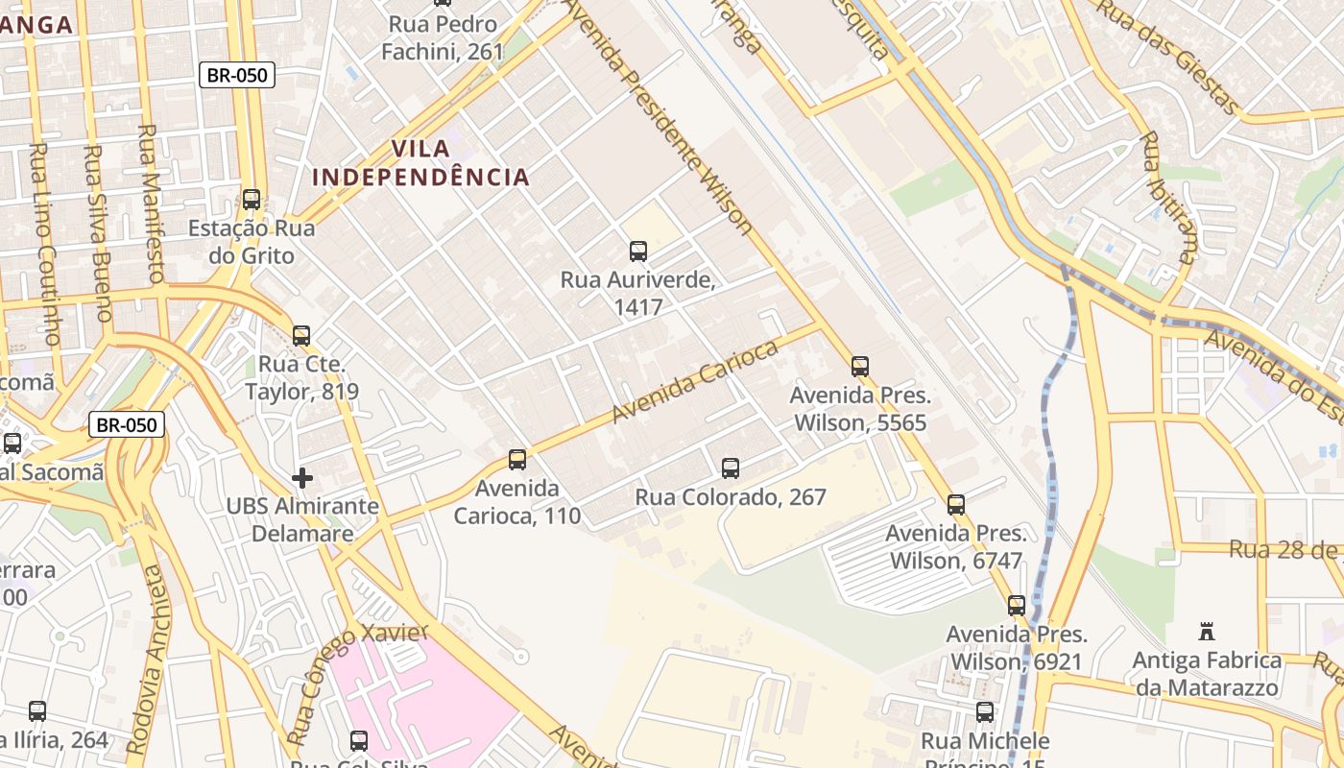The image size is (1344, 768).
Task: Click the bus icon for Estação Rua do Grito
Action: click(x=252, y=200)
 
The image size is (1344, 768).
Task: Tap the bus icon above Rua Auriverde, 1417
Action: click(x=638, y=252)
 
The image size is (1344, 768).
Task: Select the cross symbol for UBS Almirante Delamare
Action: click(x=302, y=477)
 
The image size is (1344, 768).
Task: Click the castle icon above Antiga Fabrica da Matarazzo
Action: click(x=1208, y=631)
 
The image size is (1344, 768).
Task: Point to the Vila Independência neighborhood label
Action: click(x=421, y=163)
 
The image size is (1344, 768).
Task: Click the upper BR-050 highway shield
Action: click(x=237, y=75)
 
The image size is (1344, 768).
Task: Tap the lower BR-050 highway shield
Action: click(x=128, y=424)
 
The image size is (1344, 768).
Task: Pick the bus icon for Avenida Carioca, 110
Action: click(x=517, y=459)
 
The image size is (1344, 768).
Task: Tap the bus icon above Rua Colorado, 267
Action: click(x=731, y=468)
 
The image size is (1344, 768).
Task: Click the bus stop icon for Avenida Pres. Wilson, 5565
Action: click(x=860, y=366)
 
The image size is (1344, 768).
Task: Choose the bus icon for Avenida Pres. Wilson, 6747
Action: click(x=956, y=504)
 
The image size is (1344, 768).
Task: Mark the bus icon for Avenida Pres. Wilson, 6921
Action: click(x=1017, y=605)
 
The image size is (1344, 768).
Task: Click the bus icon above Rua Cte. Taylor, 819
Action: click(x=301, y=335)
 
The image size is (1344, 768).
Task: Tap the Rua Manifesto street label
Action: click(x=152, y=202)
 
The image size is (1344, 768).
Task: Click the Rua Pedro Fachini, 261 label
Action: click(x=443, y=37)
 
